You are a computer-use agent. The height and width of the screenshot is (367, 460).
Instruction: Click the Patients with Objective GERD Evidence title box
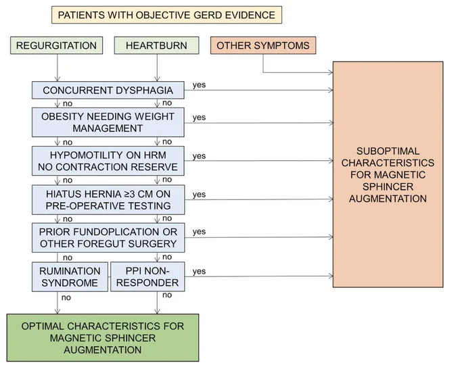pos(166,15)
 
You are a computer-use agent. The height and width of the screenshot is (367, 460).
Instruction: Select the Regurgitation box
pos(56,45)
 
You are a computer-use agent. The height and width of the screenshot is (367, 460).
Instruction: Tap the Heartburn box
pos(156,45)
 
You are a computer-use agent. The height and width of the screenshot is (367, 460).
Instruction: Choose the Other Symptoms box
pos(263,45)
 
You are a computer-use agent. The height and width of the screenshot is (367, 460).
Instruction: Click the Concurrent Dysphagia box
pos(108,91)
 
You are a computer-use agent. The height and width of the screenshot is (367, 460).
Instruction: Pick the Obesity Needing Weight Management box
pos(108,122)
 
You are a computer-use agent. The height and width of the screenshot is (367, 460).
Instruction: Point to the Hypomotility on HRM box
pos(108,161)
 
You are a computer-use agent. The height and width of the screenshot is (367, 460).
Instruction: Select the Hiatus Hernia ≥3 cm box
pos(108,199)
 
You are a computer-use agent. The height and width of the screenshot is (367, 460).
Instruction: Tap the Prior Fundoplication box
pos(108,238)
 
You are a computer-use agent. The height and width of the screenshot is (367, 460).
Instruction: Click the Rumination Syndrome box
pos(70,276)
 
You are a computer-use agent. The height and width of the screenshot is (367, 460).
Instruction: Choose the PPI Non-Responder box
pos(147,276)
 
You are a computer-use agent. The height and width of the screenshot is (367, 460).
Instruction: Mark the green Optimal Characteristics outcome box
pos(103,338)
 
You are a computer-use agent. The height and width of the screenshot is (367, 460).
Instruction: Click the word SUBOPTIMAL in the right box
pos(388,151)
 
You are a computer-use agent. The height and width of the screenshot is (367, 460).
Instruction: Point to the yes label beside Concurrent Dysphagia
pos(199,85)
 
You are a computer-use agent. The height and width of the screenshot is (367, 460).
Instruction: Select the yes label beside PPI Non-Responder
pos(199,272)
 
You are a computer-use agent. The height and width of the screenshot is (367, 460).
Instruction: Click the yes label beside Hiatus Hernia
pos(199,195)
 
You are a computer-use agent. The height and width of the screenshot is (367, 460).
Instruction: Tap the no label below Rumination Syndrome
pos(66,298)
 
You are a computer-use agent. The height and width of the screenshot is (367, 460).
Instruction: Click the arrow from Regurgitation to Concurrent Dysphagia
pos(57,68)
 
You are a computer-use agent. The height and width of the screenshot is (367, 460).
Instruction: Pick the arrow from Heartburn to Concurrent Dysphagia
pos(157,68)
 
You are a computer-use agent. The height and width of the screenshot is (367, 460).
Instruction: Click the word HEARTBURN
pos(156,46)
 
